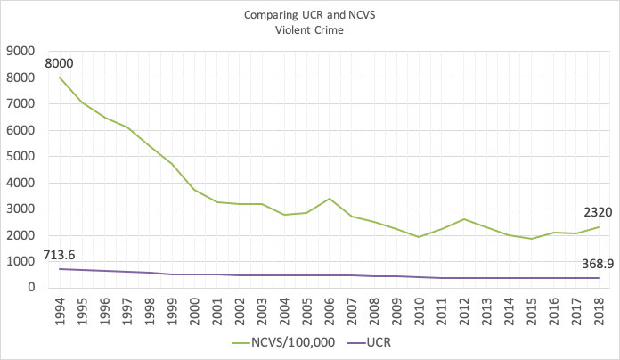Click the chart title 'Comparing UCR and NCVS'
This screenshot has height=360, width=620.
tap(310, 14)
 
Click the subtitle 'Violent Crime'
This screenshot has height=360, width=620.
tap(310, 29)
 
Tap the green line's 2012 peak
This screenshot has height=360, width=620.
tap(463, 219)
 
